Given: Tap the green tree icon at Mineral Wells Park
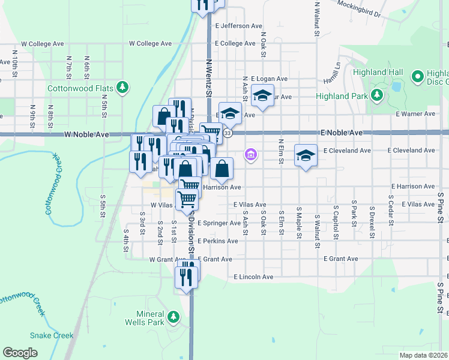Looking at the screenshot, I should click(x=173, y=316).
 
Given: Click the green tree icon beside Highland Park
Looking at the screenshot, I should click(x=376, y=94).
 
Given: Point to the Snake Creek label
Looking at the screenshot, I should click(x=52, y=336).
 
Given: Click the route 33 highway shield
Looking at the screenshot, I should click(x=227, y=133).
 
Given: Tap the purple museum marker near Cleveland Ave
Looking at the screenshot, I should click(x=250, y=155).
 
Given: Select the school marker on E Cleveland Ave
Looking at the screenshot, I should click(x=306, y=155).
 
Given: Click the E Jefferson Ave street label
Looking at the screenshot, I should click(x=239, y=26).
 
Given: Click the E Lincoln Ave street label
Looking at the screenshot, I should click(x=253, y=277).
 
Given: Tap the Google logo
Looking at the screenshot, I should click(x=20, y=353).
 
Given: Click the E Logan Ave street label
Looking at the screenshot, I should click(x=270, y=79).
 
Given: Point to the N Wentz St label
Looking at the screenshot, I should click(x=209, y=77).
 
